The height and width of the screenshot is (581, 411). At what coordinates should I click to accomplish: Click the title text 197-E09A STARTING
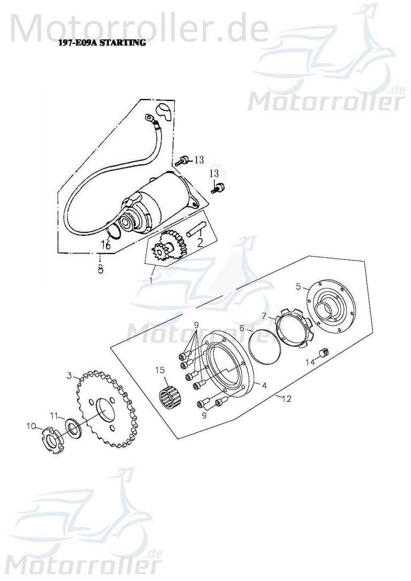click(x=100, y=43)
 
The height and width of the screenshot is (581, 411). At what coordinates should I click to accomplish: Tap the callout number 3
click(x=69, y=376)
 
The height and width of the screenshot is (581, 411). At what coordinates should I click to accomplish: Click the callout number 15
click(x=160, y=370)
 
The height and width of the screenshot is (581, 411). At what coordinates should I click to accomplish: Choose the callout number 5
click(x=299, y=286)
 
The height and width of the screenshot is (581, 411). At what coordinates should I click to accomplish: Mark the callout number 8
click(x=100, y=270)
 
